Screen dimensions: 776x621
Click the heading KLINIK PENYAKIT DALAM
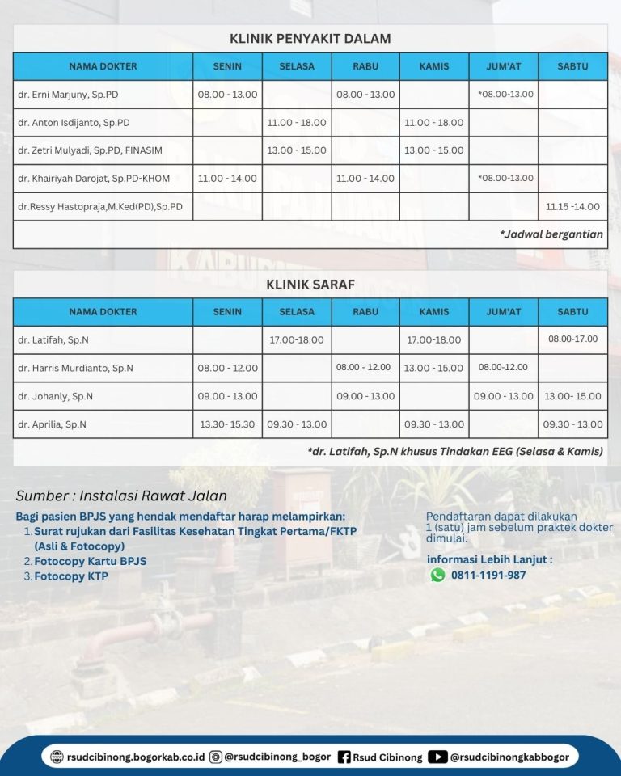310,38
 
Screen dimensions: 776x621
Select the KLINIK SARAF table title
310,284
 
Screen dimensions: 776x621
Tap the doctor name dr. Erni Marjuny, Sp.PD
68,95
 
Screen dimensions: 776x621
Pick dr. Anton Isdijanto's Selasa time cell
297,123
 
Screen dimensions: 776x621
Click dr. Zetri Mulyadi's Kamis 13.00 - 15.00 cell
434,150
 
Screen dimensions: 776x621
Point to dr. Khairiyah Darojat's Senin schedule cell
227,179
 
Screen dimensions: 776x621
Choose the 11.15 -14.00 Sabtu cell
572,207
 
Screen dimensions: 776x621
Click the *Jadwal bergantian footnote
551,234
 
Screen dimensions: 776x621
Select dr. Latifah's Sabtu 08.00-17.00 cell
572,339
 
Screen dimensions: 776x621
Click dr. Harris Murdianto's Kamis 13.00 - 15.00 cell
434,368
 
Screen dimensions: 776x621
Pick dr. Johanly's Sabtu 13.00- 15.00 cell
572,396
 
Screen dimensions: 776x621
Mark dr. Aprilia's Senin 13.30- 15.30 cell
227,424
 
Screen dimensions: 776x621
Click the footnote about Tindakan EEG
455,452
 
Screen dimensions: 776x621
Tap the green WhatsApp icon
437,575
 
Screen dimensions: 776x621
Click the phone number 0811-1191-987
488,576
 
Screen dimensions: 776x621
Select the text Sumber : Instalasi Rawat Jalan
121,496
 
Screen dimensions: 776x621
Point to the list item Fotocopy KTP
70,576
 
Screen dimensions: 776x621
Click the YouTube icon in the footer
437,757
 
